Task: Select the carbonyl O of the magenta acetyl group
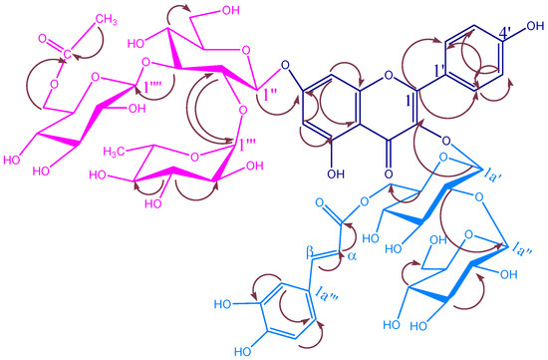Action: click(42, 42)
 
